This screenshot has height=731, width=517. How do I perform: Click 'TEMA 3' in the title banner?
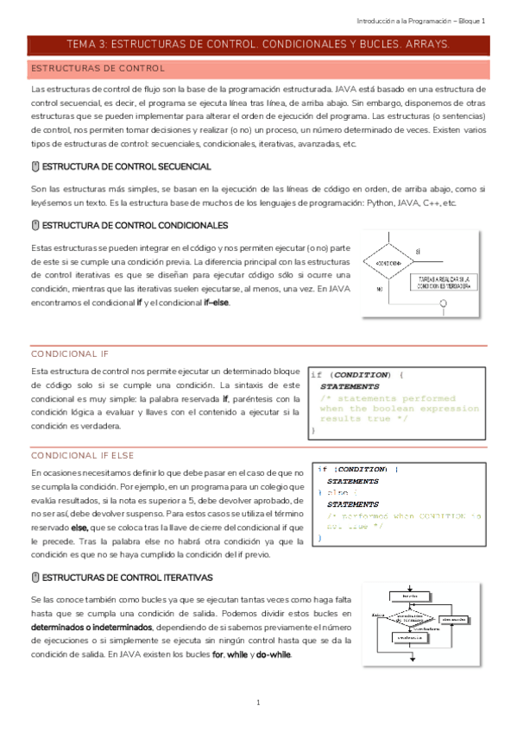point(88,43)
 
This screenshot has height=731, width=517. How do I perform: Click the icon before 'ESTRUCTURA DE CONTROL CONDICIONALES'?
point(35,225)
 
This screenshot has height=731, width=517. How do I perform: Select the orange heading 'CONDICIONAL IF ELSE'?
point(82,454)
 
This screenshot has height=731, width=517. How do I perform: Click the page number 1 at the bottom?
point(258,703)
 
